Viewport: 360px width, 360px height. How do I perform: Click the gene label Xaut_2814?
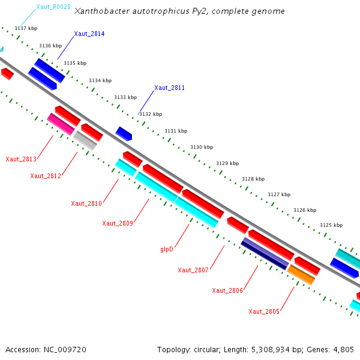(89, 34)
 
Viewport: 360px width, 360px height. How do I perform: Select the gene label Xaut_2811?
(169, 88)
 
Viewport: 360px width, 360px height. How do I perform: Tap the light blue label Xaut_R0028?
(53, 7)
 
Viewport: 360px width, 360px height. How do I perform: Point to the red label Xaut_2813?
(21, 159)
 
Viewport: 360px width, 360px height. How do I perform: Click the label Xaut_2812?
(46, 176)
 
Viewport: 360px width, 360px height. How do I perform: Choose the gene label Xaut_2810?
(86, 203)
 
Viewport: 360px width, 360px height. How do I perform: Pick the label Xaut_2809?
(117, 223)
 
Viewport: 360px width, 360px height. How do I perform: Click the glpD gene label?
(167, 249)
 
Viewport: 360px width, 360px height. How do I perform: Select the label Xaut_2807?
(193, 270)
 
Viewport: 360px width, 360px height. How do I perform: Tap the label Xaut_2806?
(227, 290)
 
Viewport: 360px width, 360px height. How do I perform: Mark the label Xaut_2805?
(264, 311)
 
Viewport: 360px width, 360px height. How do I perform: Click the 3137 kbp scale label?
(26, 29)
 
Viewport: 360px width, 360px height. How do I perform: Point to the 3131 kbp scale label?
(176, 131)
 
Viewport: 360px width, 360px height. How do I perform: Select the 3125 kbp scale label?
(331, 225)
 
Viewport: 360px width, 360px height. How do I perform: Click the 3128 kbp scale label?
(253, 179)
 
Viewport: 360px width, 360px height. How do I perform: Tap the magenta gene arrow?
(61, 124)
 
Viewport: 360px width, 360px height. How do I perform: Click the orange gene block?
(301, 275)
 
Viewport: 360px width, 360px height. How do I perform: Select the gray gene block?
(85, 140)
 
